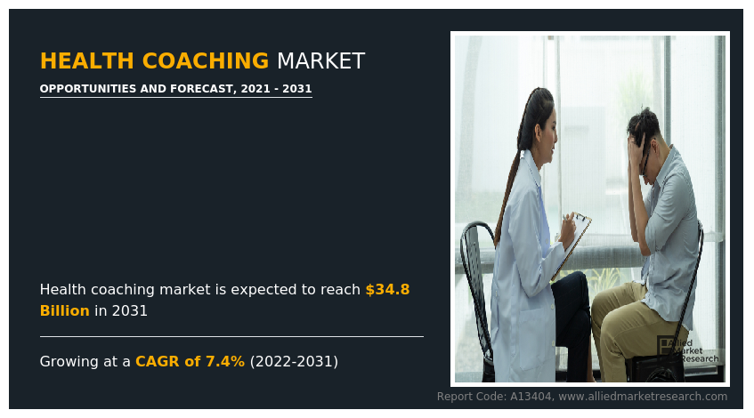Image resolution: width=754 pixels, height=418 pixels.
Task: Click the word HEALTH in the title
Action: point(86,61)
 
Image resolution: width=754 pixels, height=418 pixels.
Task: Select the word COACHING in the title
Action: point(206,61)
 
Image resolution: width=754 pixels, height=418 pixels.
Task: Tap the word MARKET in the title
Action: point(320,61)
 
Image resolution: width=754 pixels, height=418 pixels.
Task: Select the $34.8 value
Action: point(387,290)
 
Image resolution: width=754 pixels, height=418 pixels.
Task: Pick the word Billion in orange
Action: point(64,311)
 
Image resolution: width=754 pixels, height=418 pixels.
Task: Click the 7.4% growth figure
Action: point(225,361)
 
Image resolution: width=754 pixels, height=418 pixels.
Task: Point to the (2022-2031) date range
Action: point(294,361)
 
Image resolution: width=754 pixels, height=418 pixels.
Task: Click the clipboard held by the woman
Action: point(572,245)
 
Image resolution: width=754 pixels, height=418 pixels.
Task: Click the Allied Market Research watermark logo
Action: point(687,350)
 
